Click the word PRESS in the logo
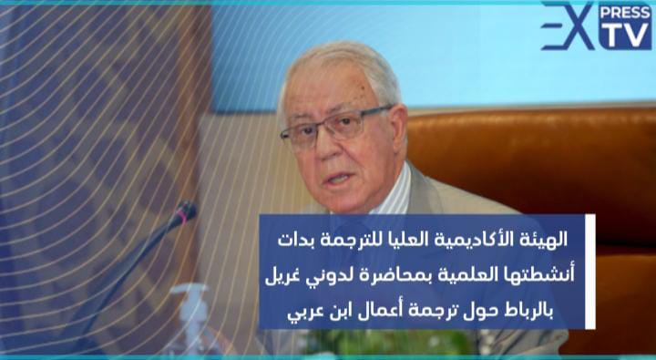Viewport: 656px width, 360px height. (x=625, y=13)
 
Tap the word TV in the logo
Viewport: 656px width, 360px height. (x=625, y=35)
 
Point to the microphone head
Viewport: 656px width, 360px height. (x=185, y=212)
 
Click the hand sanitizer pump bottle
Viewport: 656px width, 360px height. (x=190, y=318)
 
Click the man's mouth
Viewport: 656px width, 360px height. (x=338, y=180)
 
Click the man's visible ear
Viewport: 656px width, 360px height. (x=397, y=126)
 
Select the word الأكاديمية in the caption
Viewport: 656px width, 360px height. (x=470, y=240)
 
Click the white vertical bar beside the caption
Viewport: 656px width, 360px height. (x=590, y=272)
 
